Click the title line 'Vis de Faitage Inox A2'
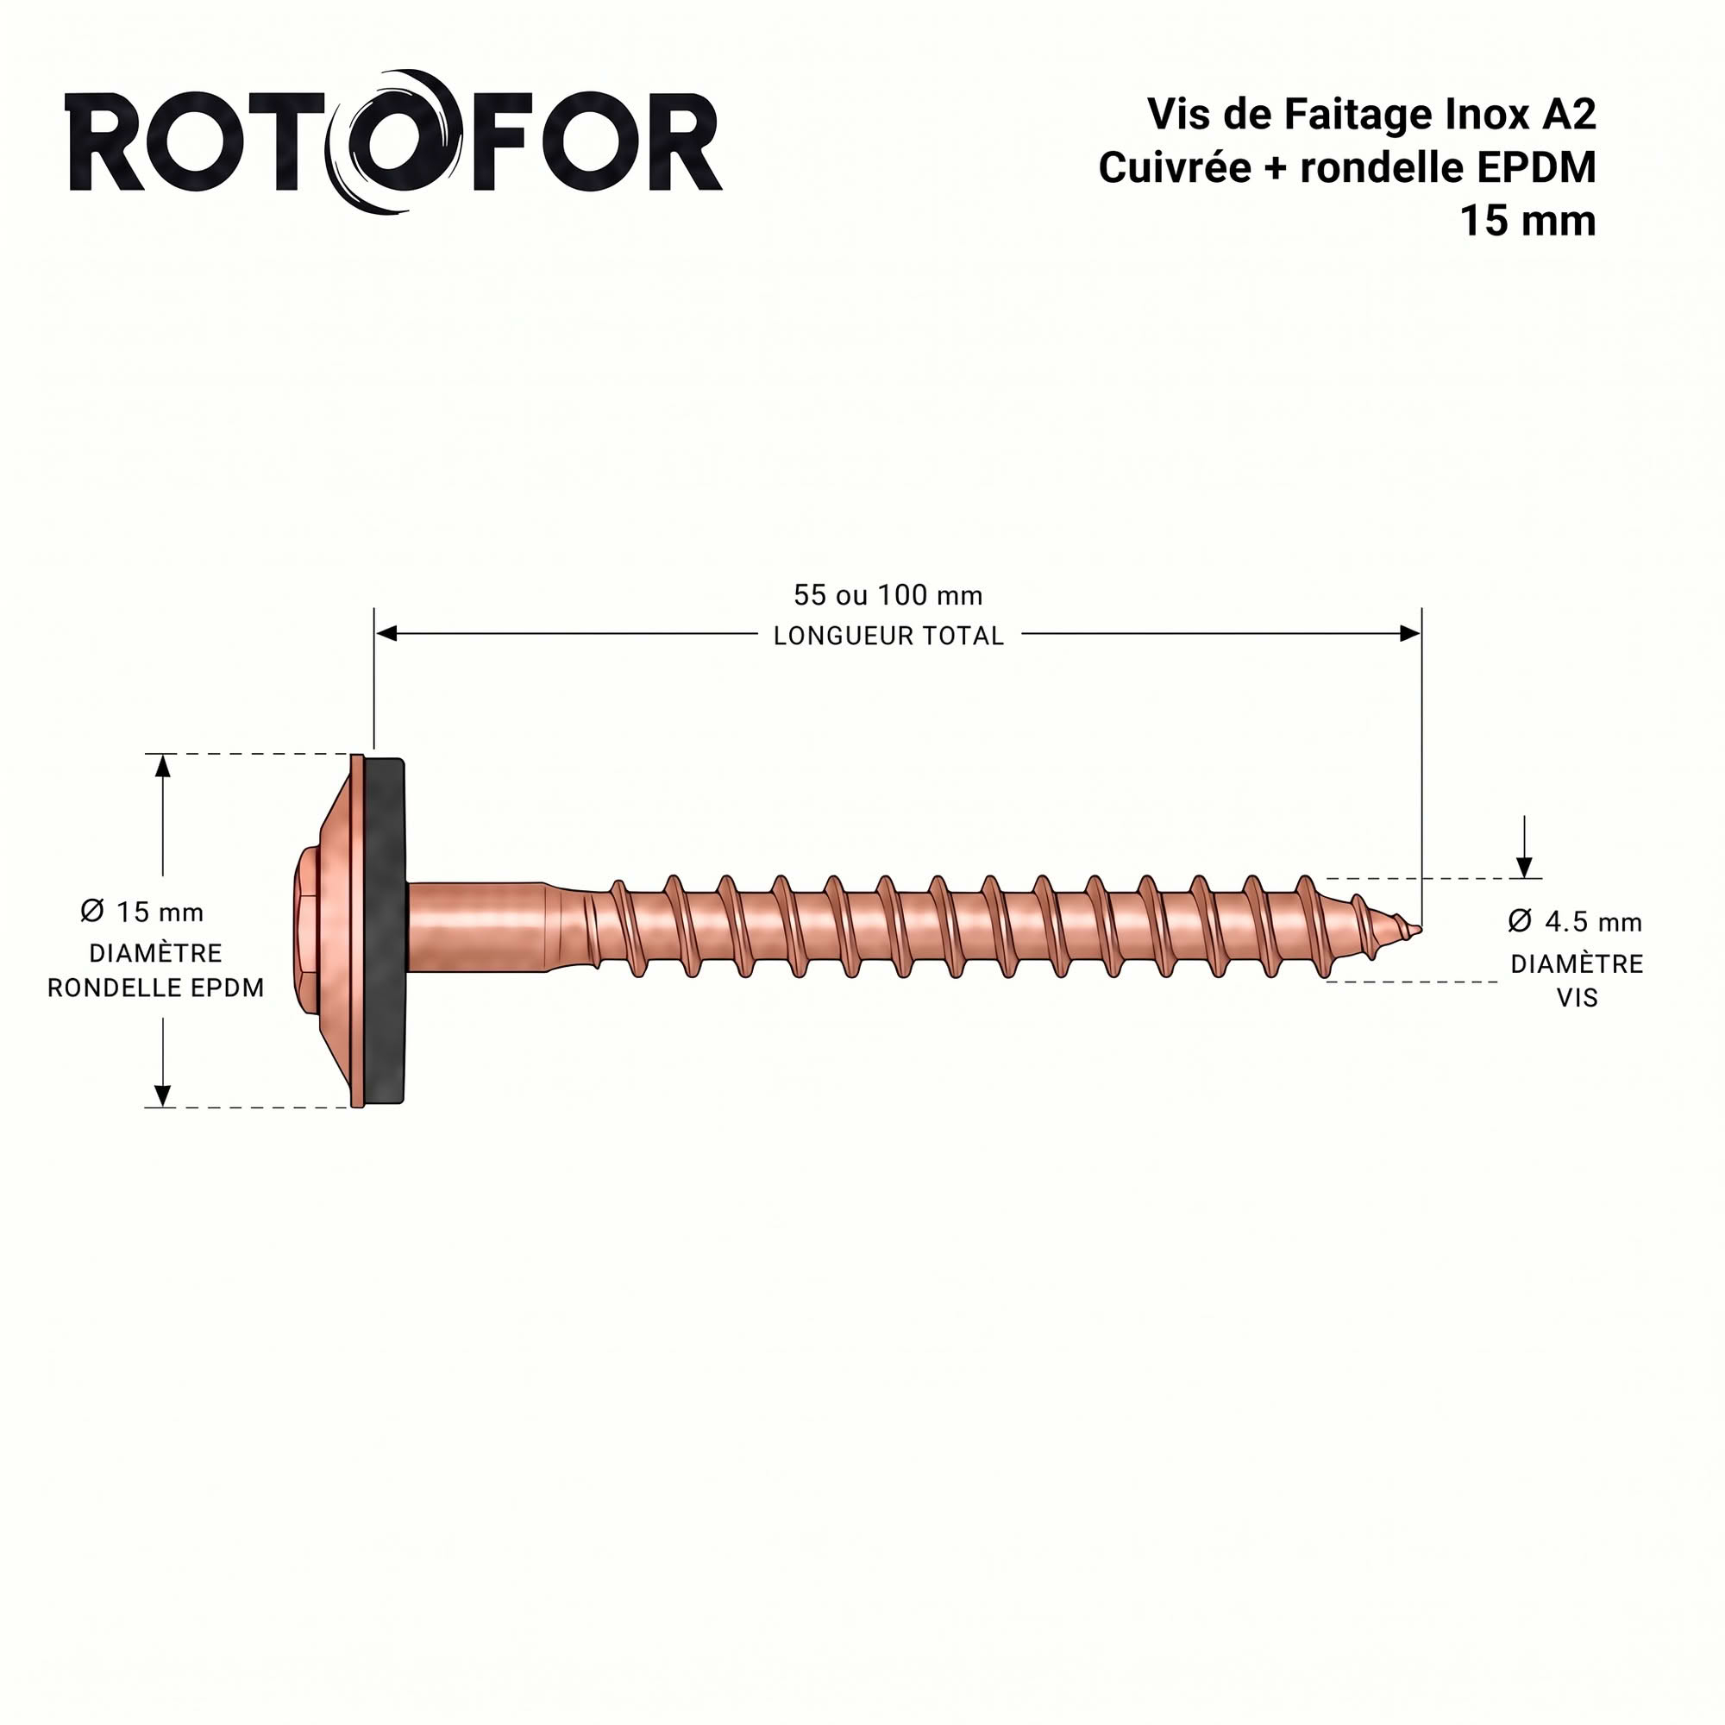coord(1371,115)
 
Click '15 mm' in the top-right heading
coord(1527,221)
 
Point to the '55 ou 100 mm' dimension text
coord(888,594)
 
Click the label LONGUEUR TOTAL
coord(888,636)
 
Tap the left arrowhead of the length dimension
coord(386,634)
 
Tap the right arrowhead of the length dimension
coord(1410,634)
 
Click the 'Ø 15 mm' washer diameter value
coord(142,912)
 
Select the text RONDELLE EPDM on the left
coord(155,988)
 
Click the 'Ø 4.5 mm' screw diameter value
coord(1575,921)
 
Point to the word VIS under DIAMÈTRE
coord(1578,998)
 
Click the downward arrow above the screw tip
coord(1525,846)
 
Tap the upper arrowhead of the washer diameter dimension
coord(162,765)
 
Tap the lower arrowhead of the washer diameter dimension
coord(162,1095)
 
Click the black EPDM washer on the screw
coord(385,931)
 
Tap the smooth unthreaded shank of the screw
coord(478,929)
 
